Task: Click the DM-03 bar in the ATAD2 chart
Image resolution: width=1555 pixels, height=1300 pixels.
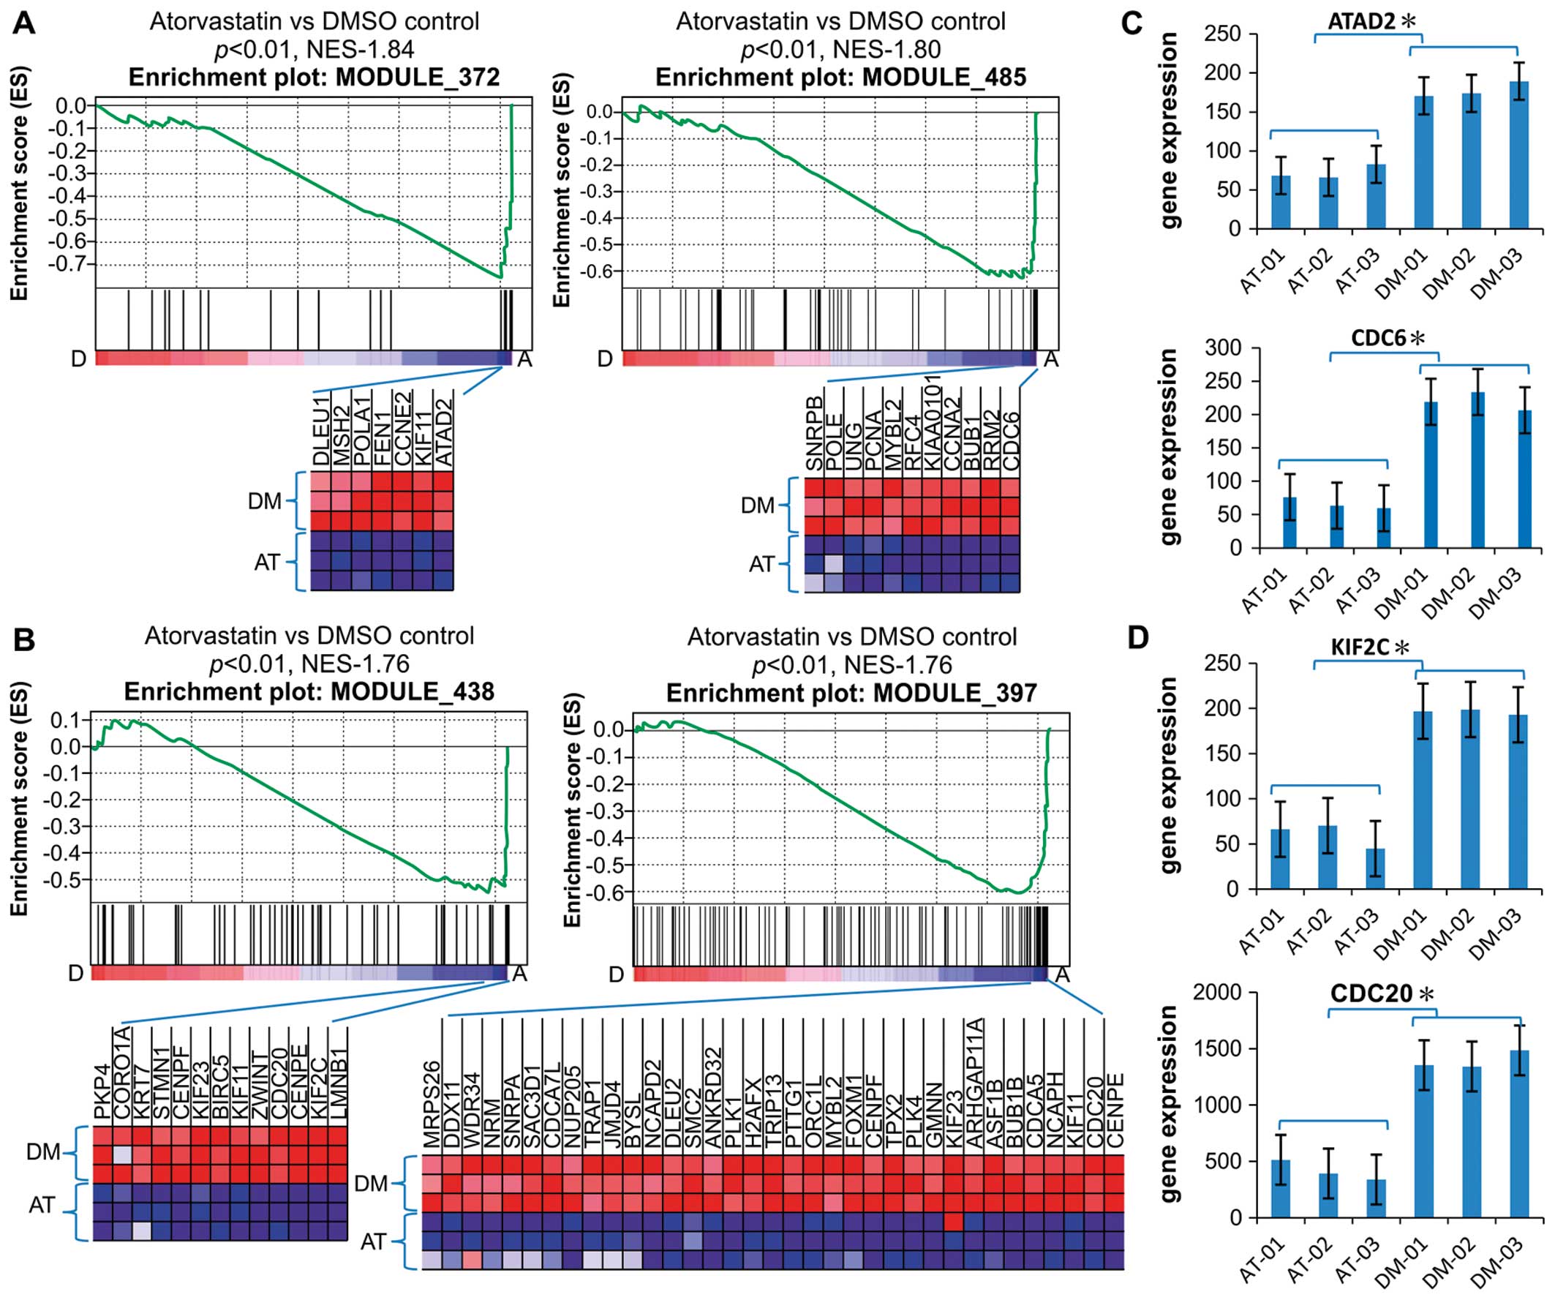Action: pyautogui.click(x=1518, y=156)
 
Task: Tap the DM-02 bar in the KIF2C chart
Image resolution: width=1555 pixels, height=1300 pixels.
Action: pyautogui.click(x=1470, y=800)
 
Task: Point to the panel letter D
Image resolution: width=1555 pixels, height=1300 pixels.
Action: pyautogui.click(x=1137, y=638)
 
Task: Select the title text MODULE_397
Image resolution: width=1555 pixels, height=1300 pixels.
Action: pyautogui.click(x=955, y=693)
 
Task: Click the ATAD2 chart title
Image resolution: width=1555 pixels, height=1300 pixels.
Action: pyautogui.click(x=1361, y=20)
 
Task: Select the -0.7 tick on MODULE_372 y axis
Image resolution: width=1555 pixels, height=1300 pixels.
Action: pyautogui.click(x=71, y=263)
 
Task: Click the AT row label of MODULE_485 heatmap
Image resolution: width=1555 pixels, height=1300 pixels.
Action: pyautogui.click(x=761, y=565)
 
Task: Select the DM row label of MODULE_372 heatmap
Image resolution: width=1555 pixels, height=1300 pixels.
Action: pyautogui.click(x=264, y=501)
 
